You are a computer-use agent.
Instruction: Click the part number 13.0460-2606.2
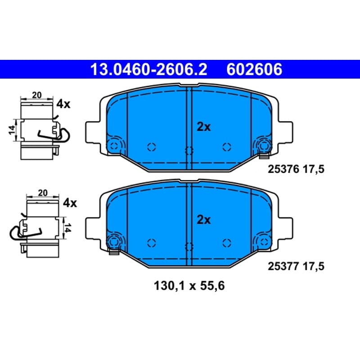(149, 69)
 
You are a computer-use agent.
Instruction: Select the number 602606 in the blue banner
(254, 69)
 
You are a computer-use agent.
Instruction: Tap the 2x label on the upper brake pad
(204, 127)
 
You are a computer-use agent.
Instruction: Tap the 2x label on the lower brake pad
(204, 220)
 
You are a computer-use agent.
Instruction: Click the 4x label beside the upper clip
(63, 104)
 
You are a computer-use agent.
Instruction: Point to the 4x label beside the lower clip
(70, 203)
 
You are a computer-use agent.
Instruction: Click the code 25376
(283, 170)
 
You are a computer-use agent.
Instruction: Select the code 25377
(283, 266)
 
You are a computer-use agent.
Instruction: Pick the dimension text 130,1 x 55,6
(189, 286)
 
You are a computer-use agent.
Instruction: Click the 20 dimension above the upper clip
(37, 95)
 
